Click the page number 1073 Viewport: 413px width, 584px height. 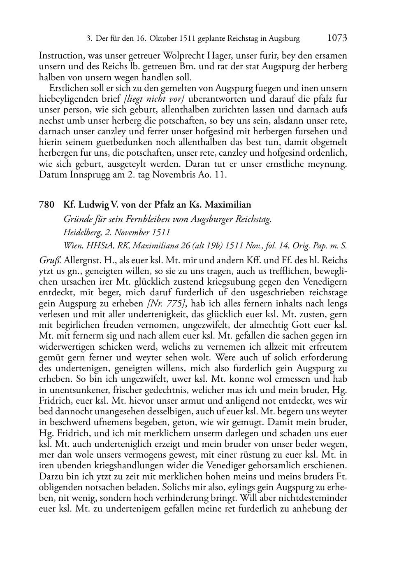[337, 38]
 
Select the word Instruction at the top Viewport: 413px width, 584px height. [59, 55]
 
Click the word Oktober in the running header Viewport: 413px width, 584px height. [163, 39]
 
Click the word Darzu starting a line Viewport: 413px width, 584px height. [49, 477]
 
